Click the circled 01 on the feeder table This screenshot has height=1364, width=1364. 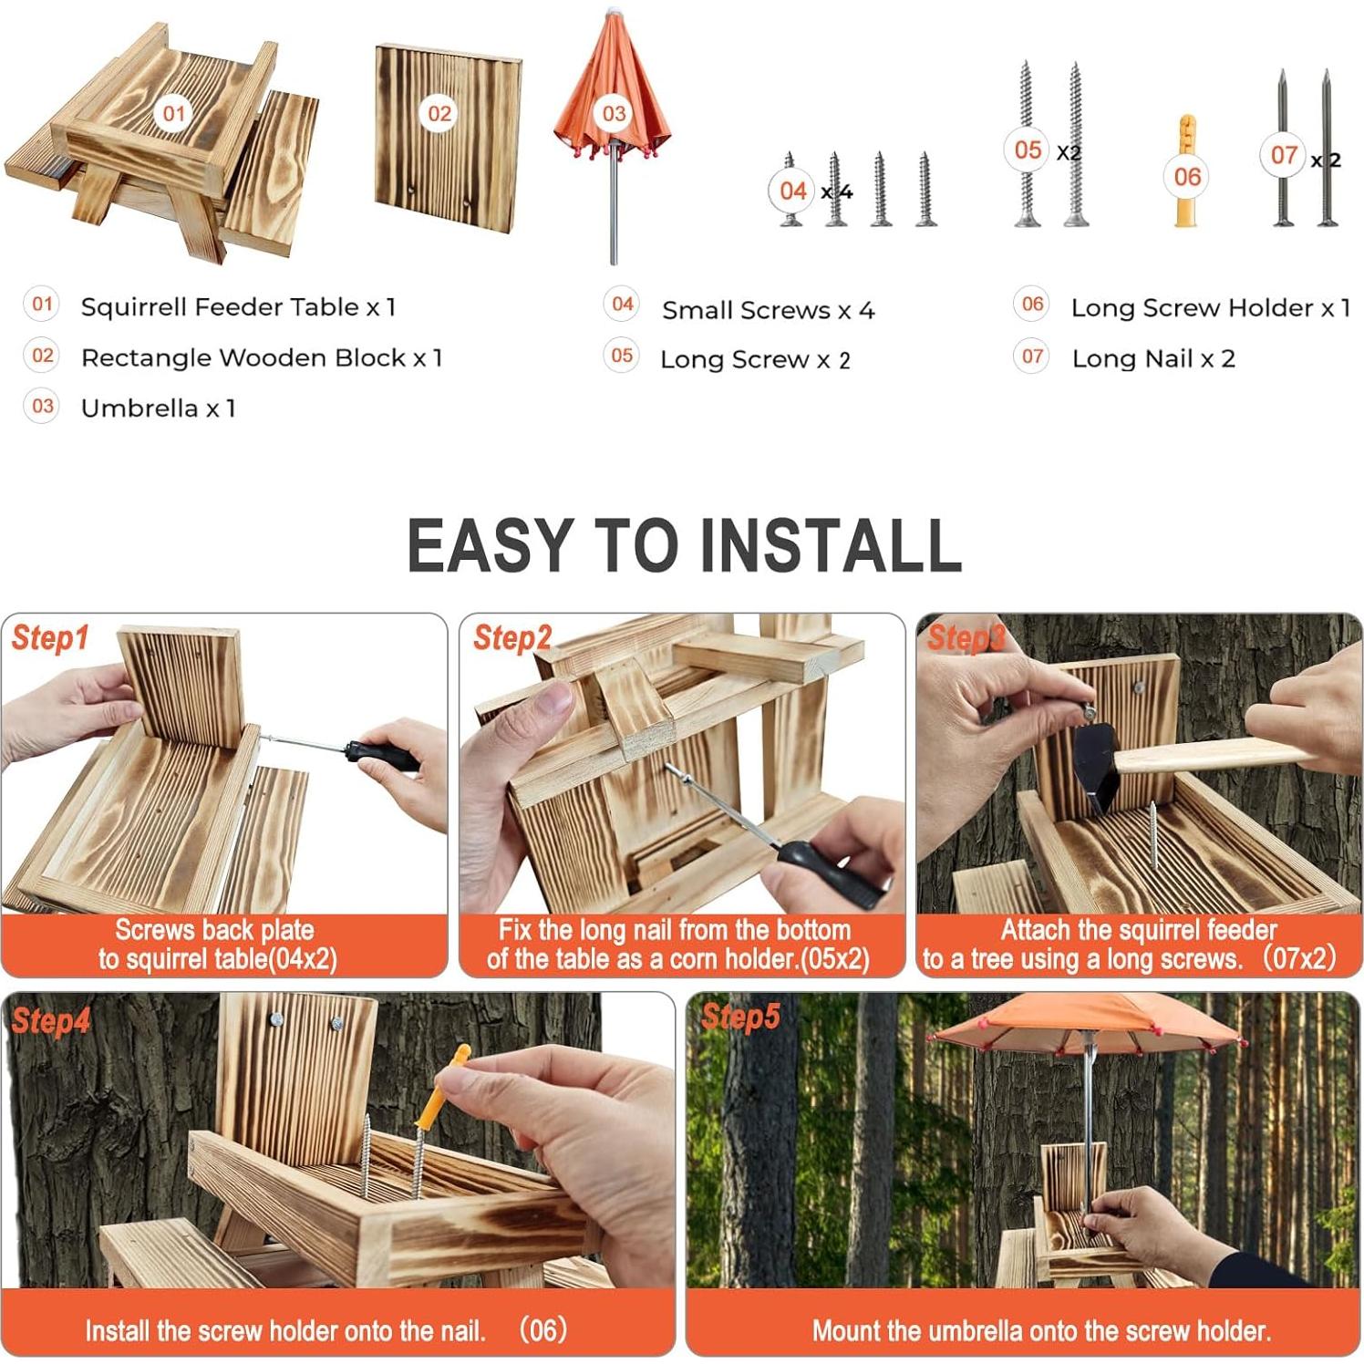[173, 114]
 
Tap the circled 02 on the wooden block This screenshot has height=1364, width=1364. [439, 114]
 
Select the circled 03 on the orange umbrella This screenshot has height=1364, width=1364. [615, 114]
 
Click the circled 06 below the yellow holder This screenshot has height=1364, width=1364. [1187, 176]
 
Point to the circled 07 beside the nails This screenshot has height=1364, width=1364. [1284, 155]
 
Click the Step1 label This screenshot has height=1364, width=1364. [50, 638]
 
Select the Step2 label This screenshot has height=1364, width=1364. [512, 638]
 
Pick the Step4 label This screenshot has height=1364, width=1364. [50, 1021]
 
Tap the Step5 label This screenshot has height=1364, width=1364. [740, 1017]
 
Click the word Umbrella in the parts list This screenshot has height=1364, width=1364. [139, 408]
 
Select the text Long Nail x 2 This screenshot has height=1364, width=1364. [1153, 358]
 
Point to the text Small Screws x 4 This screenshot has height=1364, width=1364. [768, 310]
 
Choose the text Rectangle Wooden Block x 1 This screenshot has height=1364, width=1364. [262, 357]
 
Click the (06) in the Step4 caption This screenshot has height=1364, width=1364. [543, 1330]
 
